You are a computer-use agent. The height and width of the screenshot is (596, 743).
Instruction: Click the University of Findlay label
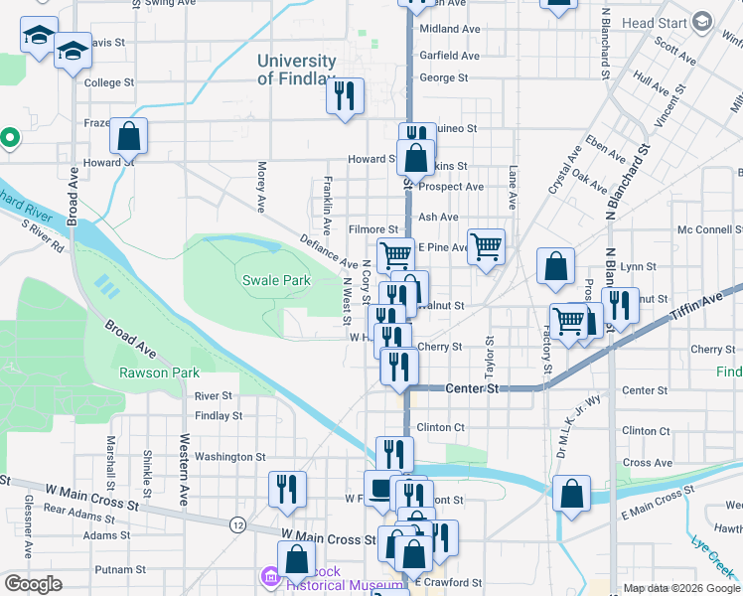click(296, 70)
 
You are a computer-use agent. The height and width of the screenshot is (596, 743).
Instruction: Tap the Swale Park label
click(276, 281)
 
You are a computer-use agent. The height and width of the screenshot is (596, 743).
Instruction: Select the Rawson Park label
click(159, 373)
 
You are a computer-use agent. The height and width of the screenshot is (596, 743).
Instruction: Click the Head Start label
click(656, 23)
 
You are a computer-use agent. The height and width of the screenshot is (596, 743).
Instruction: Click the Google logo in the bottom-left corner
click(33, 584)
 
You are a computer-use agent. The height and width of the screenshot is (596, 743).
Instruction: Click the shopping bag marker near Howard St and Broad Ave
click(128, 136)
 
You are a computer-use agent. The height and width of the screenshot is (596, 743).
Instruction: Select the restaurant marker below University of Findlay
click(345, 96)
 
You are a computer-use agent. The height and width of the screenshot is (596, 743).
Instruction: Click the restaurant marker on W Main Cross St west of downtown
click(287, 489)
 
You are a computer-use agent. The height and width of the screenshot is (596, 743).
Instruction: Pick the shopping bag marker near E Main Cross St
click(572, 494)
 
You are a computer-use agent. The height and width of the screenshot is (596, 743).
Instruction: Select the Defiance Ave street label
click(329, 251)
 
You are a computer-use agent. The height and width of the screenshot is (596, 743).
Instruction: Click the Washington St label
click(229, 457)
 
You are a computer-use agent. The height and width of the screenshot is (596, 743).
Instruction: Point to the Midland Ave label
click(449, 30)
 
